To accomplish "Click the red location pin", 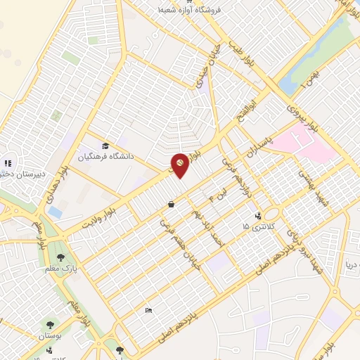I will [180, 163].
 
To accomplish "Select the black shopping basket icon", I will [172, 205].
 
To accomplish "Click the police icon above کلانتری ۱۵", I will [259, 215].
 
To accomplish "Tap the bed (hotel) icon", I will [148, 310].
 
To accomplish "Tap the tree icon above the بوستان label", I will [51, 324].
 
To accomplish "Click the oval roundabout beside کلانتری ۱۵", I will [273, 214].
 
